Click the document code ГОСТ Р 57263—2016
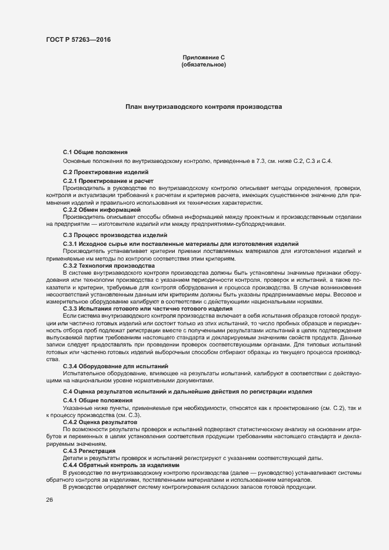coord(78,39)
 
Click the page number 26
coord(49,500)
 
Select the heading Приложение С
coord(204,57)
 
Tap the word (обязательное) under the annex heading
coord(204,65)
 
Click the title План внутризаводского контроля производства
coord(204,107)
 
